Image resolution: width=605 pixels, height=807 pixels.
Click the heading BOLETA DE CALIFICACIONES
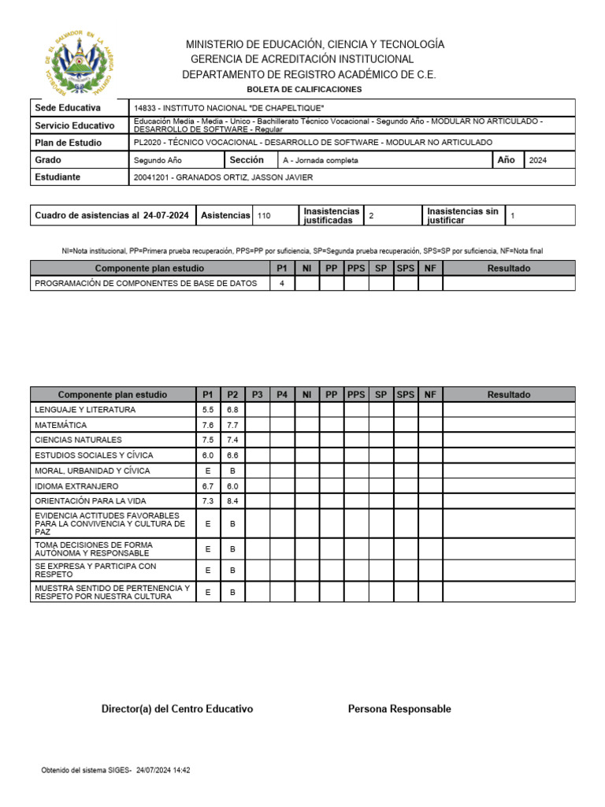coord(304,89)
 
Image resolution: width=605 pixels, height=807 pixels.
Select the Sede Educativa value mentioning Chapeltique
coord(228,108)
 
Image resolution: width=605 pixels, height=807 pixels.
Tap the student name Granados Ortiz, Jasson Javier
coord(224,177)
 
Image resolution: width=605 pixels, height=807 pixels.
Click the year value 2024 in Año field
coord(538,160)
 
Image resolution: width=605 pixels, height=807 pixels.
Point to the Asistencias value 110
coord(264,215)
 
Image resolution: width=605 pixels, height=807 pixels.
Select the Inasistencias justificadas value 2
coord(371,215)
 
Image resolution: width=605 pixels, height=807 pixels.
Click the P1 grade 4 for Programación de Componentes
coord(282,284)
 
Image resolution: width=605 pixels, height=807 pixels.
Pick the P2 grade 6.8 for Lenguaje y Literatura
coord(232,410)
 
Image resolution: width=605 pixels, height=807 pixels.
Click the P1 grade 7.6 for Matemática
coord(208,425)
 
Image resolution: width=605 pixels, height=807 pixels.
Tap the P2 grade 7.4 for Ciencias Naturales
coord(232,440)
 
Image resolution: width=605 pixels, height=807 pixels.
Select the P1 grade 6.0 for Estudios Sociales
coord(208,456)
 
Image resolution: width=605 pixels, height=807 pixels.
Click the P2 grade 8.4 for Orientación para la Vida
coord(232,501)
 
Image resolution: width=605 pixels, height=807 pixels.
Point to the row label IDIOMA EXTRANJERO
coord(76,486)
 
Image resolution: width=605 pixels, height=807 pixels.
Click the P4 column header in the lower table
coord(282,395)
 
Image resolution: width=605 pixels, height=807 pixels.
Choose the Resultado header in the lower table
coord(508,395)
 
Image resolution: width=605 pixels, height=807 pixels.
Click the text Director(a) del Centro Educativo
coord(177,709)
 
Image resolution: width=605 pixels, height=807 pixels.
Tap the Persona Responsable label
coord(399,709)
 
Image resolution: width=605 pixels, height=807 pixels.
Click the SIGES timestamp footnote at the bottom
coord(116,771)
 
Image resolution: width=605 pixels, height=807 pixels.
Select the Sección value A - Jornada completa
coord(320,160)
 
